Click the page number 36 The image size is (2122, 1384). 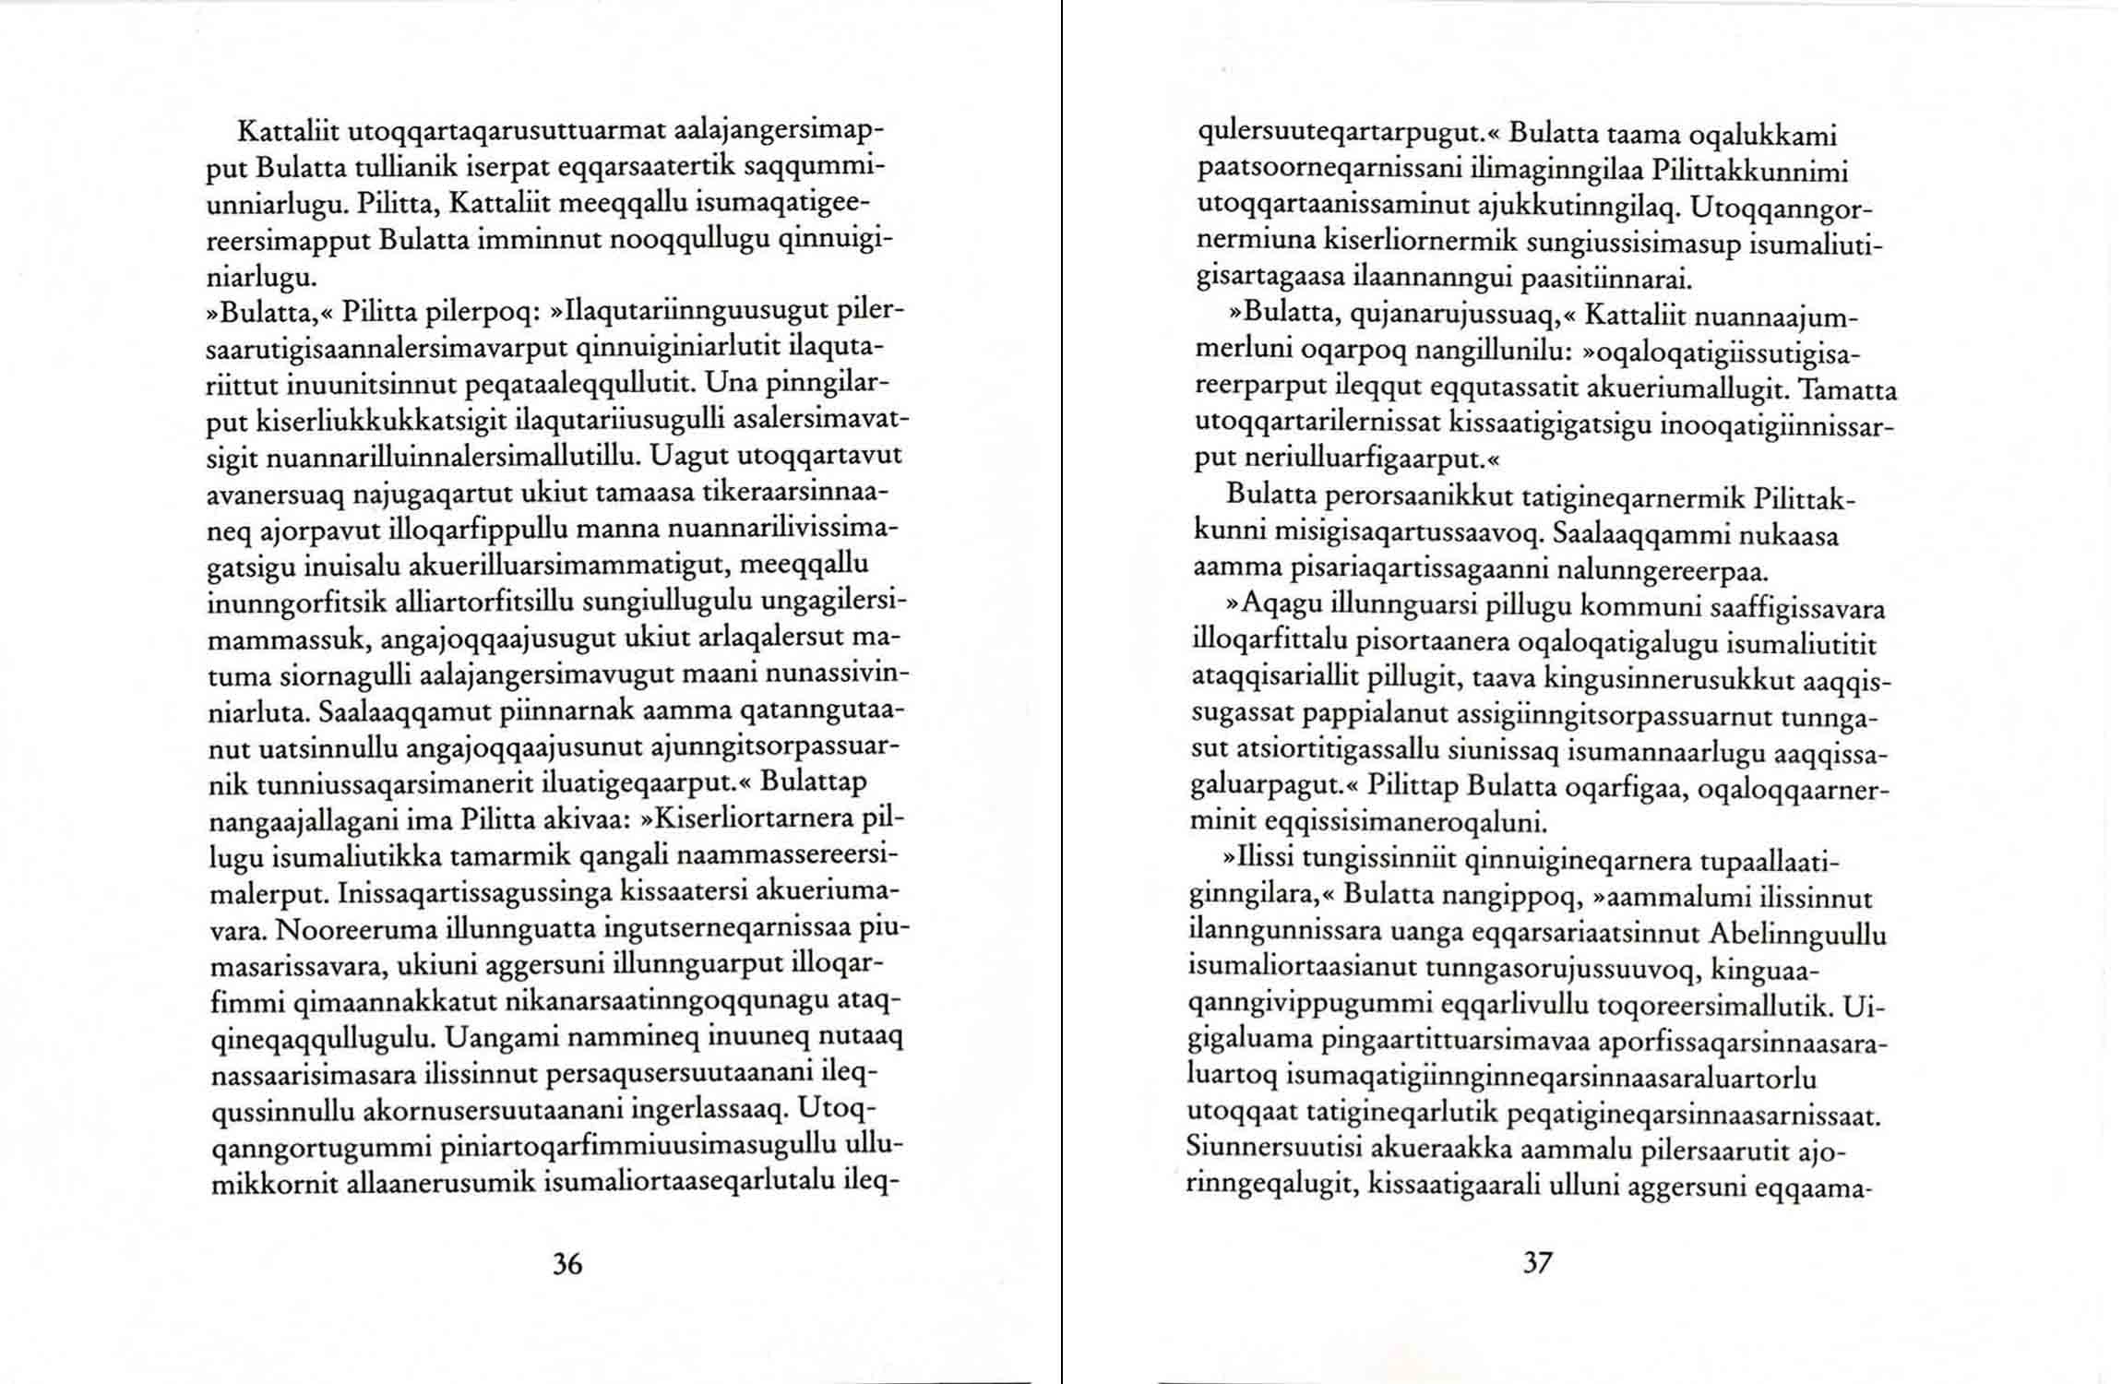click(x=566, y=1263)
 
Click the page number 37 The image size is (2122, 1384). click(x=1537, y=1262)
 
